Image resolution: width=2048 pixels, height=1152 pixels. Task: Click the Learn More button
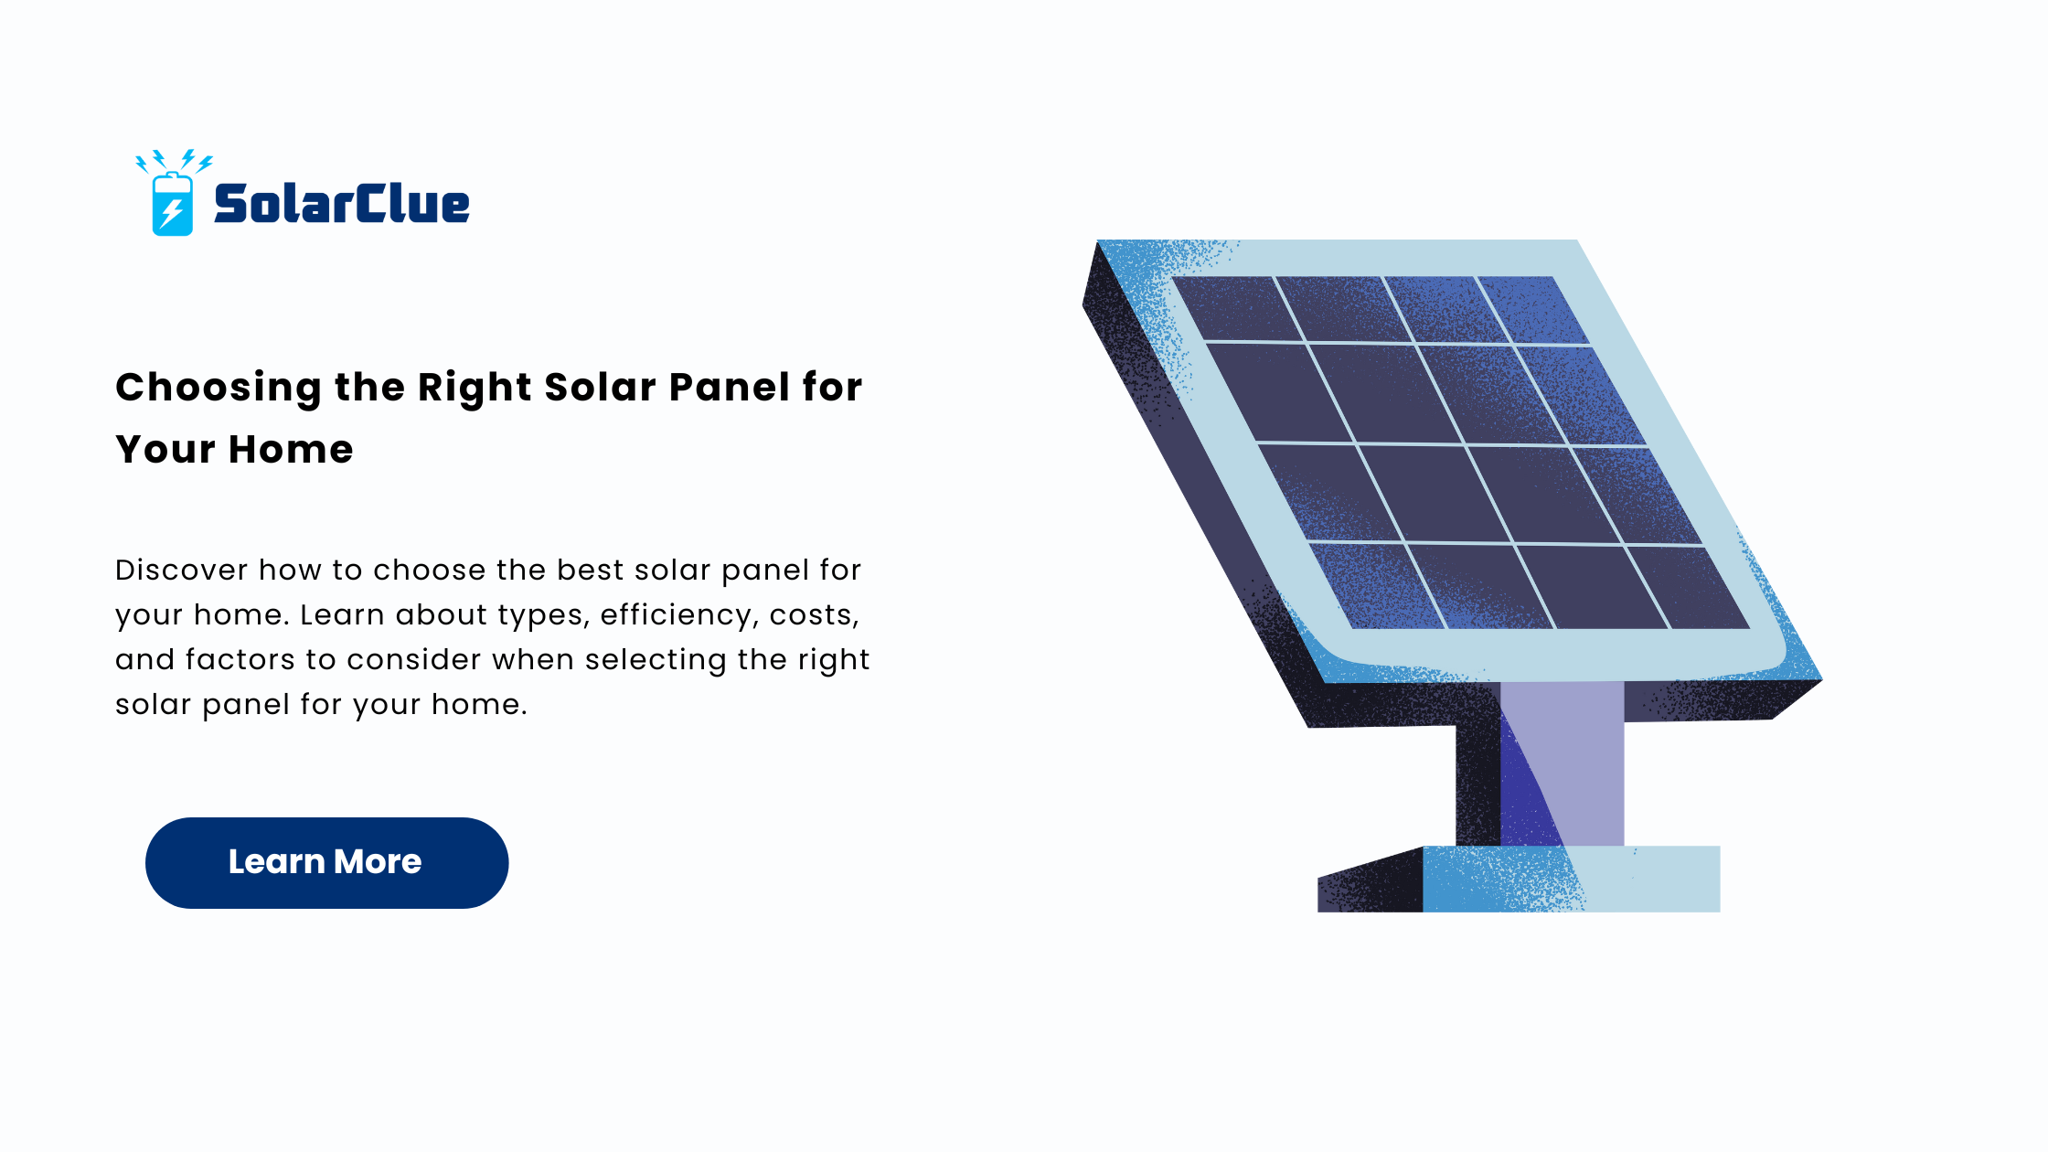tap(326, 862)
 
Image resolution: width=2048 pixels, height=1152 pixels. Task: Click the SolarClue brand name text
tap(341, 203)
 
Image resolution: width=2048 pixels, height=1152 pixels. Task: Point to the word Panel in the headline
tap(730, 388)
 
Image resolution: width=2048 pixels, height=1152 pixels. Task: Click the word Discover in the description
tap(182, 570)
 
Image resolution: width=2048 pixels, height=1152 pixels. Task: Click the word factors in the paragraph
tap(240, 659)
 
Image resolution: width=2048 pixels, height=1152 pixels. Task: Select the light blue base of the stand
tap(1571, 879)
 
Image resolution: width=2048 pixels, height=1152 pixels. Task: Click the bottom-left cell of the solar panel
tap(1376, 585)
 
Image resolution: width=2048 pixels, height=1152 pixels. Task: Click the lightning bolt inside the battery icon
tap(171, 213)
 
